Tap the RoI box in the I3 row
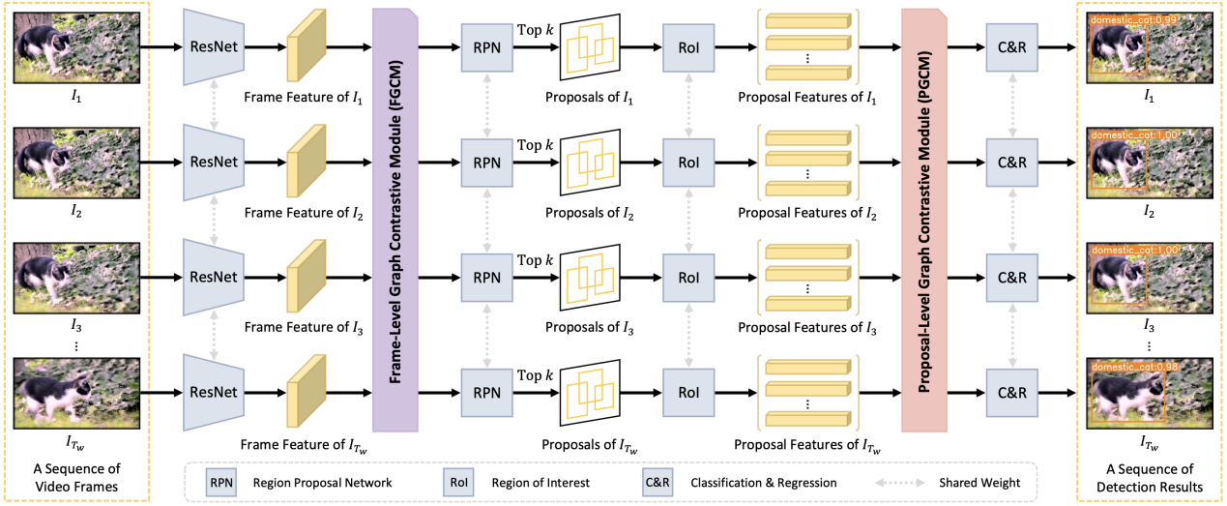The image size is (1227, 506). point(687,277)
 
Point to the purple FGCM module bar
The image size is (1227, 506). point(394,218)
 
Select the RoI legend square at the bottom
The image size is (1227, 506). point(457,481)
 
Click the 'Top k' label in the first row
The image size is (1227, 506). point(536,30)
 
